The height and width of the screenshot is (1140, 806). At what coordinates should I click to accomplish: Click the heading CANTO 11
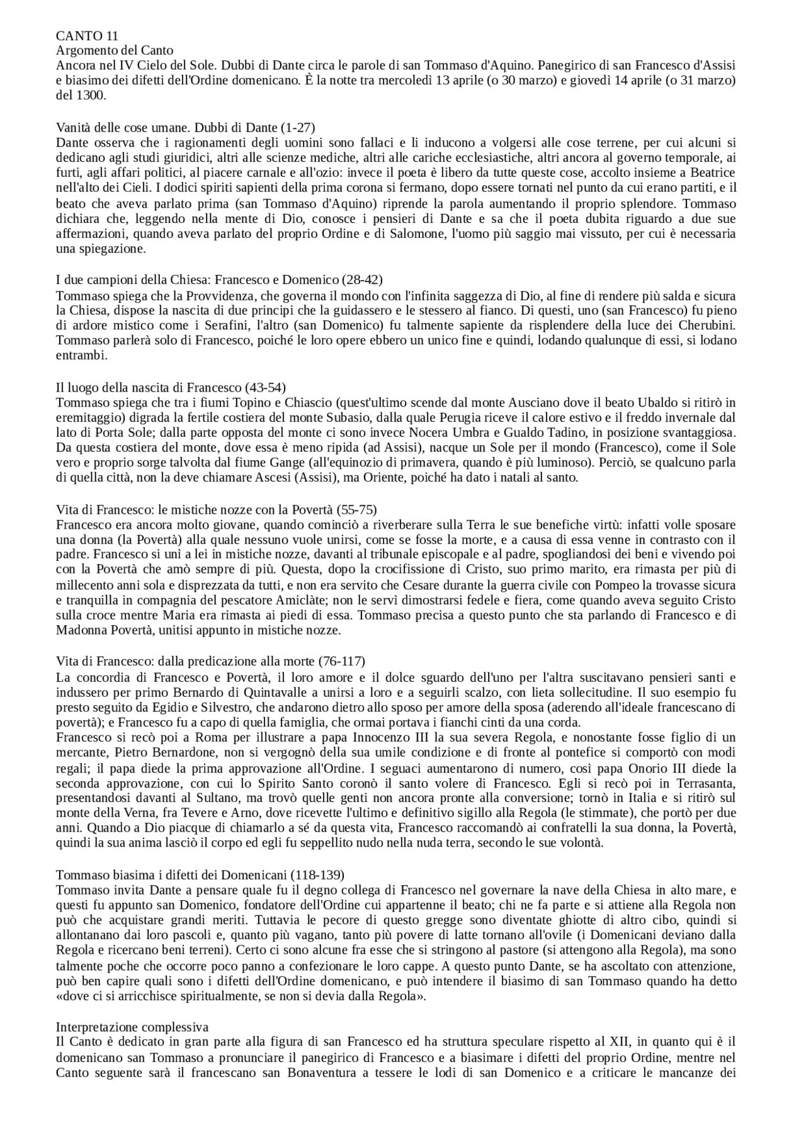click(87, 36)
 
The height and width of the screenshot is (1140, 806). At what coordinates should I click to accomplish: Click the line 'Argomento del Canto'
click(115, 50)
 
